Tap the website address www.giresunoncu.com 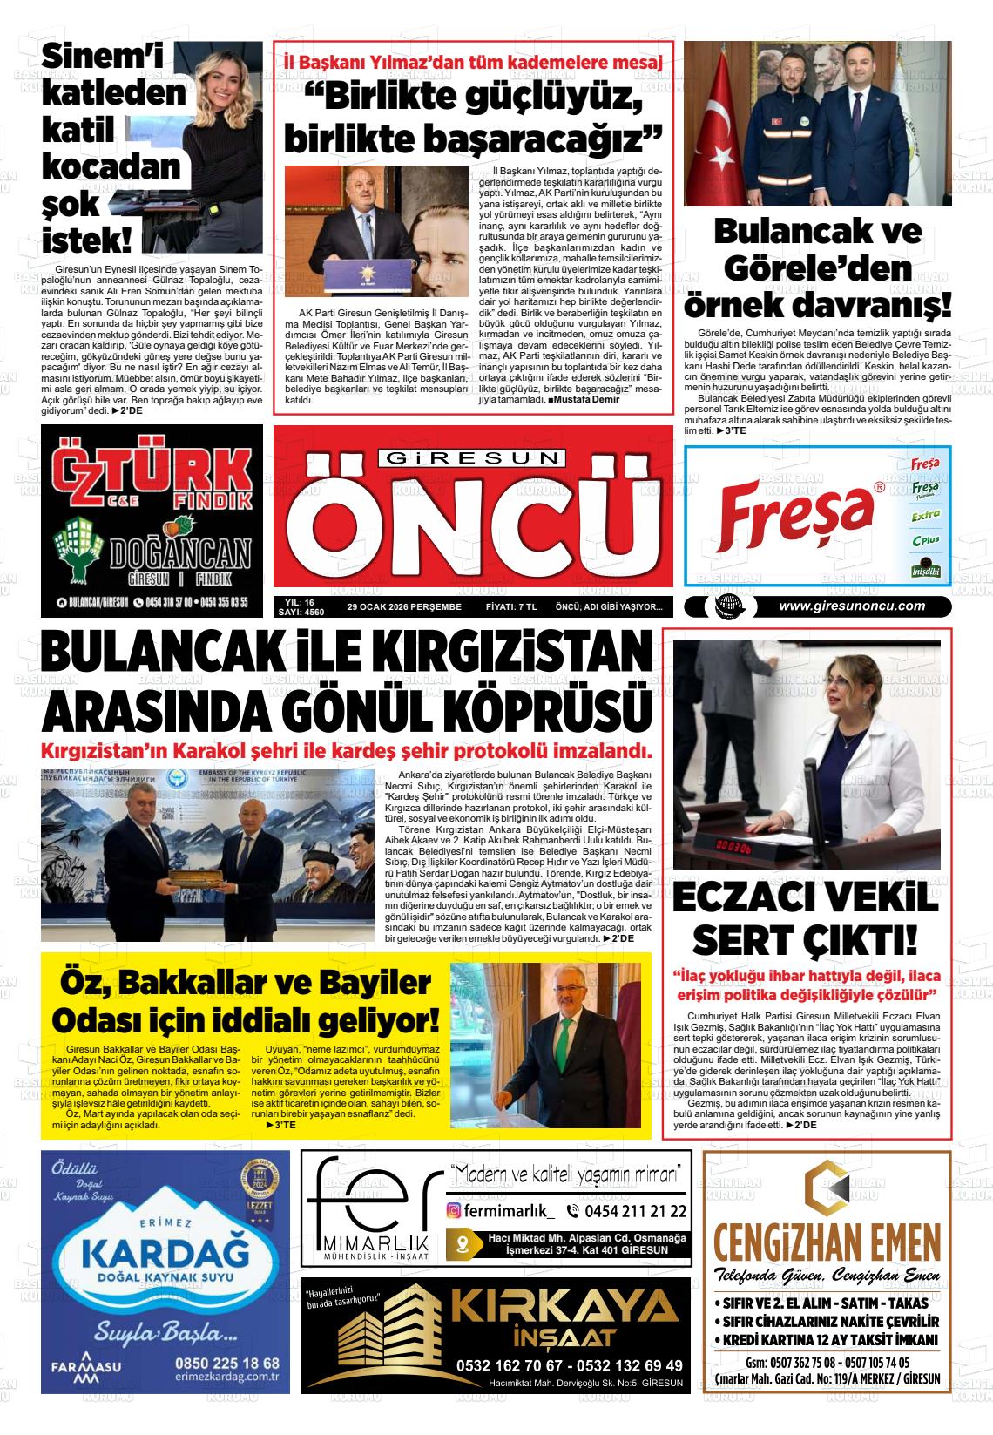851,606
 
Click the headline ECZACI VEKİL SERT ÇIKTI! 806,920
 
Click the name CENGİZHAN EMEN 826,1241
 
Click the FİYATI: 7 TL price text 511,607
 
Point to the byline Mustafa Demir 585,399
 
